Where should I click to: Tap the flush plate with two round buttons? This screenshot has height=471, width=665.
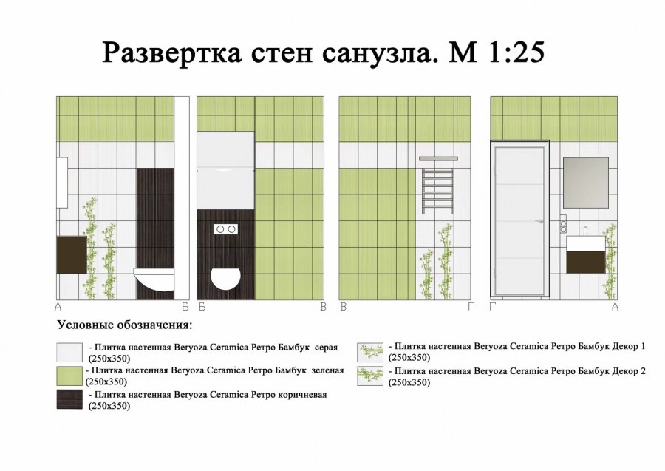tap(225, 229)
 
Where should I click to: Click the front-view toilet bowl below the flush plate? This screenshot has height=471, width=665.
tap(225, 278)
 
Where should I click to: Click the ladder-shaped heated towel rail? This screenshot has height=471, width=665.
tap(437, 191)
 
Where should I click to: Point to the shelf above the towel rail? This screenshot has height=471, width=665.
tap(438, 159)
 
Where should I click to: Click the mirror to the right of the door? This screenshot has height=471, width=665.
tap(586, 183)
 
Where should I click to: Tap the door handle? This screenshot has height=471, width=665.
tap(539, 221)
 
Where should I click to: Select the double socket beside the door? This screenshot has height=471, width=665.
tap(563, 223)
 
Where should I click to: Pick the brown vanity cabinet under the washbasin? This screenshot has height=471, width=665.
tap(586, 262)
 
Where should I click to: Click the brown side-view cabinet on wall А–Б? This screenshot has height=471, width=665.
tap(72, 254)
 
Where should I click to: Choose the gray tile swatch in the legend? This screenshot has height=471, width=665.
tap(69, 353)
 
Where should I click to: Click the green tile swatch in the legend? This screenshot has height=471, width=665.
tap(69, 376)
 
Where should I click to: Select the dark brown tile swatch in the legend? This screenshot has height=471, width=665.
tap(69, 400)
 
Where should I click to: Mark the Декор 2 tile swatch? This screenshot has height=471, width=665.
tap(370, 376)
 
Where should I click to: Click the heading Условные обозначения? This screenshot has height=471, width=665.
tap(125, 325)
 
